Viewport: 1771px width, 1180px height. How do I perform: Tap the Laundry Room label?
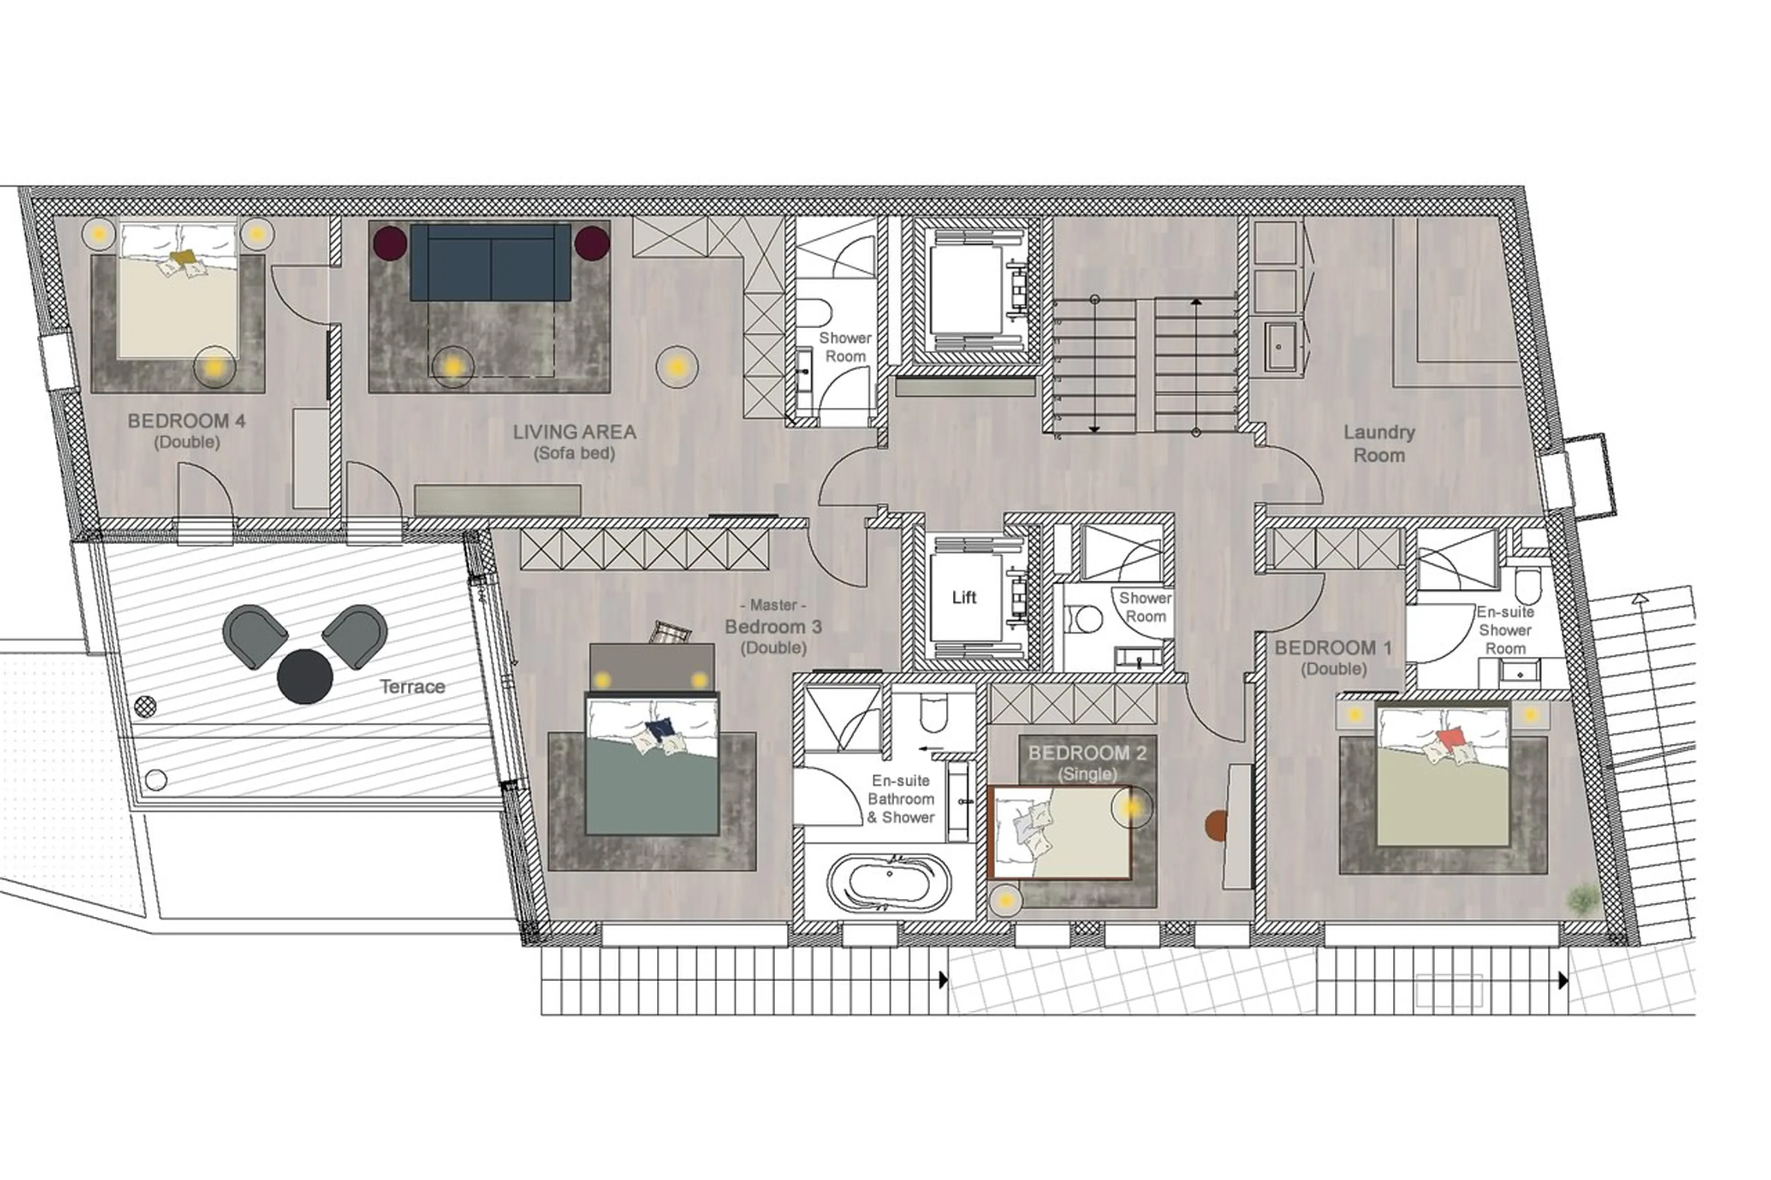point(1379,443)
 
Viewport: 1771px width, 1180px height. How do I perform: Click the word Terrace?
point(412,686)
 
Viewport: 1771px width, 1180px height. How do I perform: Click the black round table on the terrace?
point(305,676)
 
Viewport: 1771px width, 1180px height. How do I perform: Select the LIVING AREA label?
point(574,432)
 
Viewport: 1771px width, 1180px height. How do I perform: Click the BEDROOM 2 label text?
point(1087,753)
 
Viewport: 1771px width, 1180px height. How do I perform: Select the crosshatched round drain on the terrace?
point(145,706)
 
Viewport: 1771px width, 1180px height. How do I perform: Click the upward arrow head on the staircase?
point(1196,301)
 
